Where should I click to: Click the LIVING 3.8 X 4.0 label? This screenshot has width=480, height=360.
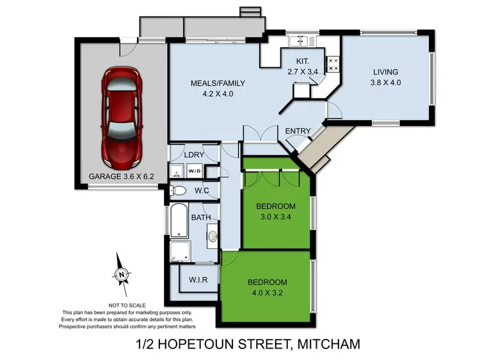click(x=386, y=77)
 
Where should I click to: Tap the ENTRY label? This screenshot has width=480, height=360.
click(x=298, y=132)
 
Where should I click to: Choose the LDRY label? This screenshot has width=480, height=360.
click(x=193, y=155)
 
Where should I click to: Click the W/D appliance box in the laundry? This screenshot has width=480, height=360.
click(x=194, y=171)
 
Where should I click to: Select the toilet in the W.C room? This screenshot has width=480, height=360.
click(x=179, y=191)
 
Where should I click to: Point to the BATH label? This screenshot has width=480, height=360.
click(x=202, y=218)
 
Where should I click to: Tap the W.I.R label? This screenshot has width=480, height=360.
click(x=198, y=279)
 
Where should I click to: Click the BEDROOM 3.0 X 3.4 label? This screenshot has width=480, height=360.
click(x=275, y=211)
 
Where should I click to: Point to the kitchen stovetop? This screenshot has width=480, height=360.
click(x=333, y=63)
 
